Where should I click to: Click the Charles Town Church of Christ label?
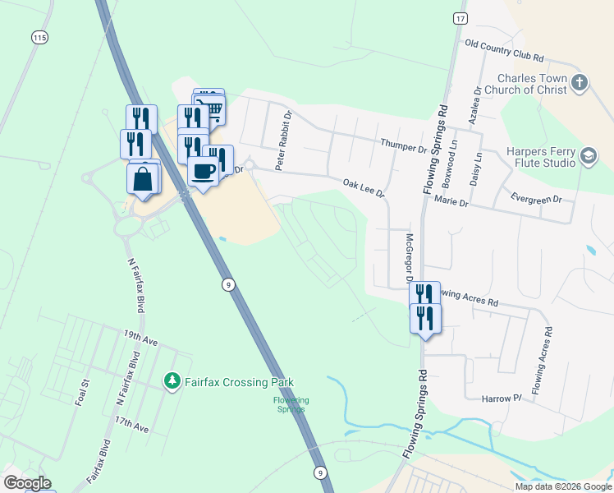531,89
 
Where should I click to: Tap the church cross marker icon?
580,82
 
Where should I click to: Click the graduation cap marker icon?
589,156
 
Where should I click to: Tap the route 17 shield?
460,17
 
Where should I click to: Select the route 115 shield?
39,38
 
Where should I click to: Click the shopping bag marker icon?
143,177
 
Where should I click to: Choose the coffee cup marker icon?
203,170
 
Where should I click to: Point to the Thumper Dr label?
404,146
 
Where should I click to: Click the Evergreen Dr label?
534,198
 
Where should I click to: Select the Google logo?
27,483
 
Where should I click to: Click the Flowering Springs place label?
291,404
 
